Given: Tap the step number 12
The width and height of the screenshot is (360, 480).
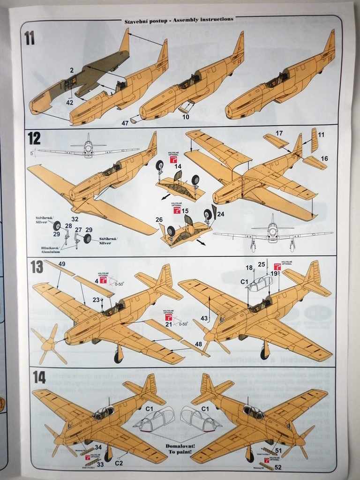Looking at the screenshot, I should pyautogui.click(x=34, y=138).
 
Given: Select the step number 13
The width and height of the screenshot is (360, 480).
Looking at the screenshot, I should pyautogui.click(x=36, y=267).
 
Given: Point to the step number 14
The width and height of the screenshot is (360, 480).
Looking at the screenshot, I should pyautogui.click(x=39, y=377).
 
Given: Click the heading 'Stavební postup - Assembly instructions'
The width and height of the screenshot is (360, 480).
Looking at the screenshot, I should pyautogui.click(x=179, y=20).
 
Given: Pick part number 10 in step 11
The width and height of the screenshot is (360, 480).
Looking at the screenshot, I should pyautogui.click(x=186, y=117).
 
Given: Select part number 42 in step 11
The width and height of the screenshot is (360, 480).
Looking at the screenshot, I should pyautogui.click(x=69, y=102).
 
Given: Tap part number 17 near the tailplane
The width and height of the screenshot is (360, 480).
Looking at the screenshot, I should pyautogui.click(x=279, y=133).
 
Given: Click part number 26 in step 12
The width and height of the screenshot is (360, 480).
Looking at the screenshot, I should pyautogui.click(x=159, y=219).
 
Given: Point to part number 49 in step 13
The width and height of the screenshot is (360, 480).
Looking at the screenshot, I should pyautogui.click(x=61, y=264).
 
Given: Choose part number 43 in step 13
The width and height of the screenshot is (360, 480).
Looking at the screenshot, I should pyautogui.click(x=204, y=318).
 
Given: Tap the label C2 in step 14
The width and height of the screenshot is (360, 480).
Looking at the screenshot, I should pyautogui.click(x=119, y=464).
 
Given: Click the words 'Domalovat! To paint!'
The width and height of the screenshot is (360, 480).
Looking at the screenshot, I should pyautogui.click(x=180, y=449).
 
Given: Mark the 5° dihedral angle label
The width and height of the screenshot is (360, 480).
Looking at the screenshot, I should pyautogui.click(x=32, y=153).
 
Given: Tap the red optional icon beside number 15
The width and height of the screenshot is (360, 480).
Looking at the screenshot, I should pyautogui.click(x=177, y=210).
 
